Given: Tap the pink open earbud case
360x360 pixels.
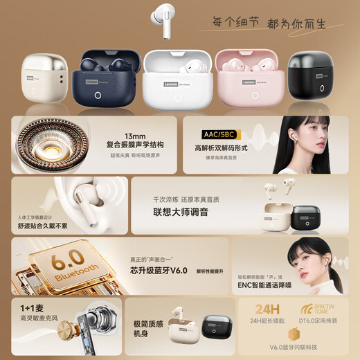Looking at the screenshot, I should pyautogui.click(x=244, y=78).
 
